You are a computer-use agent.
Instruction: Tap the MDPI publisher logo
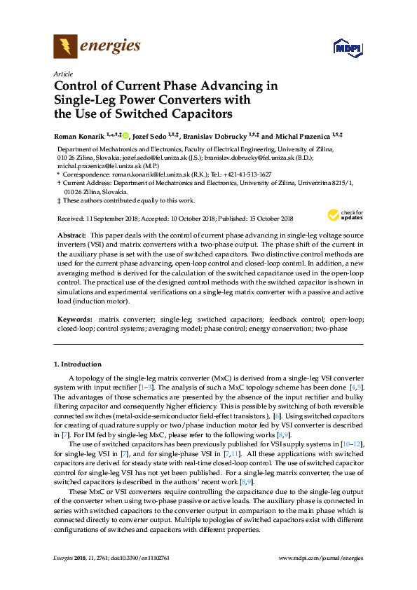tap(348, 48)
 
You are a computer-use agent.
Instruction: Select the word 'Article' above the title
tap(62, 74)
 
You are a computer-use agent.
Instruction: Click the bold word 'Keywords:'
tap(74, 319)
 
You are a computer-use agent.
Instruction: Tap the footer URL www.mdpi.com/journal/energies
tap(321, 558)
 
